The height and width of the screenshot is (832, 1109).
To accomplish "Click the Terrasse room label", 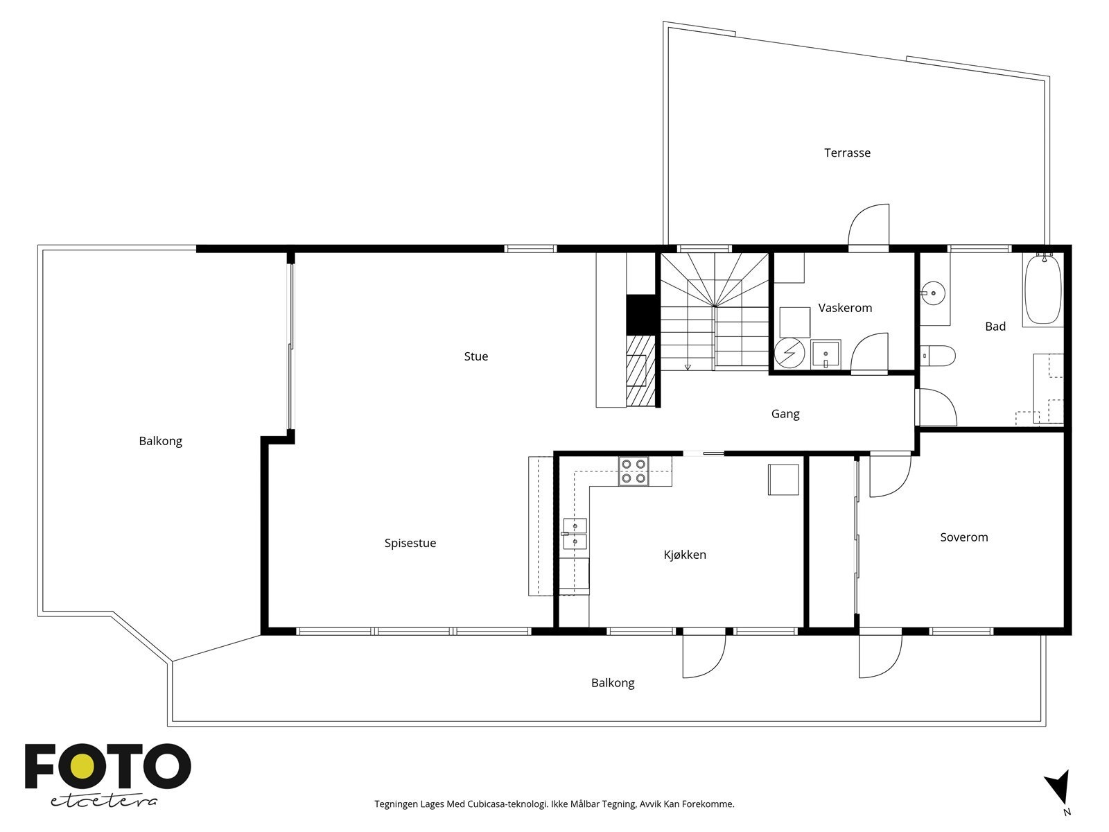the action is pyautogui.click(x=847, y=153).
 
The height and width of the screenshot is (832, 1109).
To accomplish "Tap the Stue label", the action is pyautogui.click(x=476, y=356).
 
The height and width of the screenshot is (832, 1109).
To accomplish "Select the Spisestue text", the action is pyautogui.click(x=410, y=543).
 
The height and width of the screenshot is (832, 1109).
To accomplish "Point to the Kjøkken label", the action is pyautogui.click(x=685, y=555).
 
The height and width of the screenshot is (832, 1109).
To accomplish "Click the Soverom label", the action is pyautogui.click(x=963, y=537).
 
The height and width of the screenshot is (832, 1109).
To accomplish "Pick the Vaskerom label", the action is pyautogui.click(x=845, y=308).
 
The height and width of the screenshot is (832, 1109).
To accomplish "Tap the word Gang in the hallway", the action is pyautogui.click(x=785, y=414).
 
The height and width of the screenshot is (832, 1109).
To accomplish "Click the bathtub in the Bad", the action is pyautogui.click(x=1042, y=289).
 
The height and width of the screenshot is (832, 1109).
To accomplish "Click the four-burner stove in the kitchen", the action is pyautogui.click(x=634, y=471).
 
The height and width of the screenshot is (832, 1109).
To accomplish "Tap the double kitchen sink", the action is pyautogui.click(x=575, y=533).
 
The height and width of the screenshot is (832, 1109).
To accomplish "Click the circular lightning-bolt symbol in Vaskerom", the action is pyautogui.click(x=789, y=352).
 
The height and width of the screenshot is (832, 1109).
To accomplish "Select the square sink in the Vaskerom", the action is pyautogui.click(x=826, y=354).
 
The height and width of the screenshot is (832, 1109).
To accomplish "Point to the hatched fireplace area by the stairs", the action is pyautogui.click(x=640, y=371).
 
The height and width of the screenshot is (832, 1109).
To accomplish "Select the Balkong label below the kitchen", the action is pyautogui.click(x=612, y=683).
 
